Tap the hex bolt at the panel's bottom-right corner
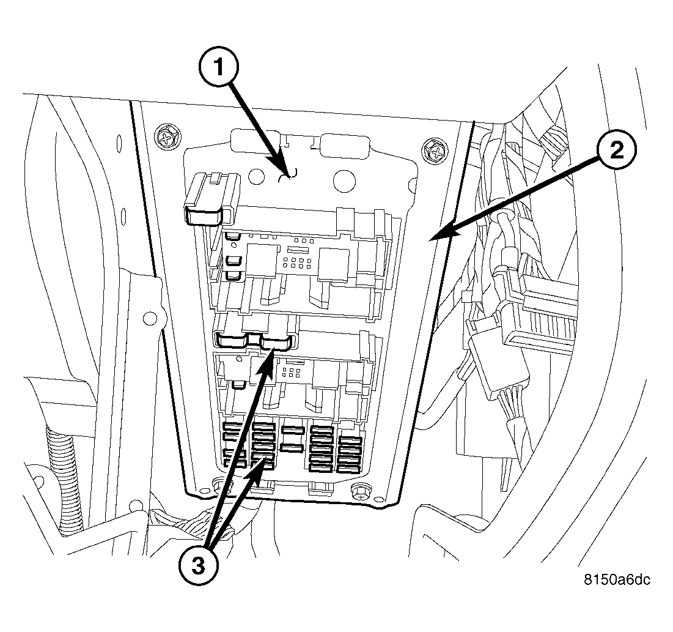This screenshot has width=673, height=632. point(361,491)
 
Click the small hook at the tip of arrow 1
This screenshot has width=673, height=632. point(286,176)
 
